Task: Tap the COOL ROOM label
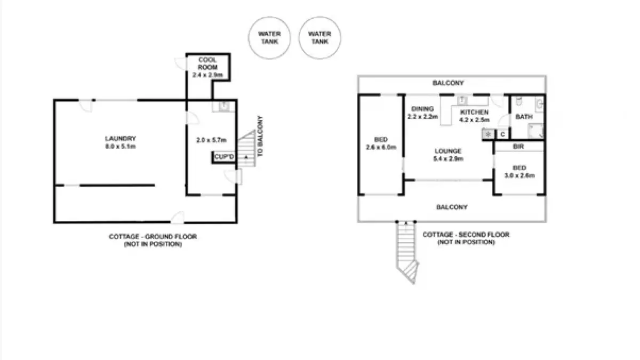(x=207, y=63)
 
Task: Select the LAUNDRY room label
(x=121, y=139)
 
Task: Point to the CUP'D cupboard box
(x=223, y=157)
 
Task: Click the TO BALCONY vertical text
(x=260, y=137)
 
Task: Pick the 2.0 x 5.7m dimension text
(x=211, y=140)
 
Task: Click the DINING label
(x=422, y=109)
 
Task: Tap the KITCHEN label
(x=474, y=112)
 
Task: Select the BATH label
(x=524, y=117)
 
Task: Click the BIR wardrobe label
(x=518, y=147)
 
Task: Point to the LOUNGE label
(x=448, y=151)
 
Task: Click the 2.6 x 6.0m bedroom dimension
(x=381, y=147)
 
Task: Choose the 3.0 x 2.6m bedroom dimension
(x=519, y=175)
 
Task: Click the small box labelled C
(x=502, y=134)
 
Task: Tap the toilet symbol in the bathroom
(x=519, y=101)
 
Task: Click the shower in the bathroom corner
(x=535, y=131)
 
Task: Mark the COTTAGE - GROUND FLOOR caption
(x=153, y=237)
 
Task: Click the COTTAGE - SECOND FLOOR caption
(x=466, y=235)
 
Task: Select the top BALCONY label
(x=448, y=83)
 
